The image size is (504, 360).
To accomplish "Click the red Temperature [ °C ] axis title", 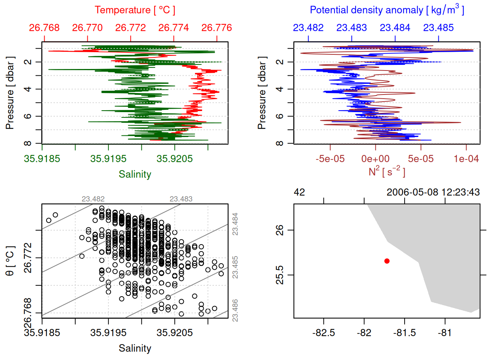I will [x=135, y=10].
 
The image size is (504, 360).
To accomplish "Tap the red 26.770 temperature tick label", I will [x=87, y=28].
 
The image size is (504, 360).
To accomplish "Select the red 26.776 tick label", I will [x=217, y=28].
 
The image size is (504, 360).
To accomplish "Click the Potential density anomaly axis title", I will [x=387, y=10].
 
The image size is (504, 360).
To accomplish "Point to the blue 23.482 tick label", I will [x=308, y=28].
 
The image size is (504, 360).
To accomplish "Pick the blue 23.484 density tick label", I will [x=395, y=28].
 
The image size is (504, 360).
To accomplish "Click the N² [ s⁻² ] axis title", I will [x=387, y=171].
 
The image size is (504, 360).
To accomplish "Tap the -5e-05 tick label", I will [x=330, y=159].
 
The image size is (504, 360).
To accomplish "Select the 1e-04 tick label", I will [x=466, y=159].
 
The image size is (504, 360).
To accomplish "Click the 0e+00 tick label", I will [x=375, y=159].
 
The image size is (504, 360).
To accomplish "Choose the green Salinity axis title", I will [x=135, y=174].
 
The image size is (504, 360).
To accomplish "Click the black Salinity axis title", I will [x=135, y=348].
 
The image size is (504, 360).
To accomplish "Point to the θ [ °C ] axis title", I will [x=10, y=261].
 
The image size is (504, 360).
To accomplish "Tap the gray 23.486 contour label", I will [x=235, y=310].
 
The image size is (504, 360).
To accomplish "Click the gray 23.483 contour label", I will [x=181, y=199].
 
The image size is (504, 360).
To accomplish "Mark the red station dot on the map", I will [x=387, y=261].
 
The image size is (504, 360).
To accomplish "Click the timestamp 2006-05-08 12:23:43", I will [x=433, y=192].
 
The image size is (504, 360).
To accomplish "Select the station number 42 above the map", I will [x=299, y=192].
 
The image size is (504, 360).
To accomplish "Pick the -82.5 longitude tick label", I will [x=323, y=333].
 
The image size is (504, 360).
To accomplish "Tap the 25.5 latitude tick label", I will [x=280, y=275].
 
